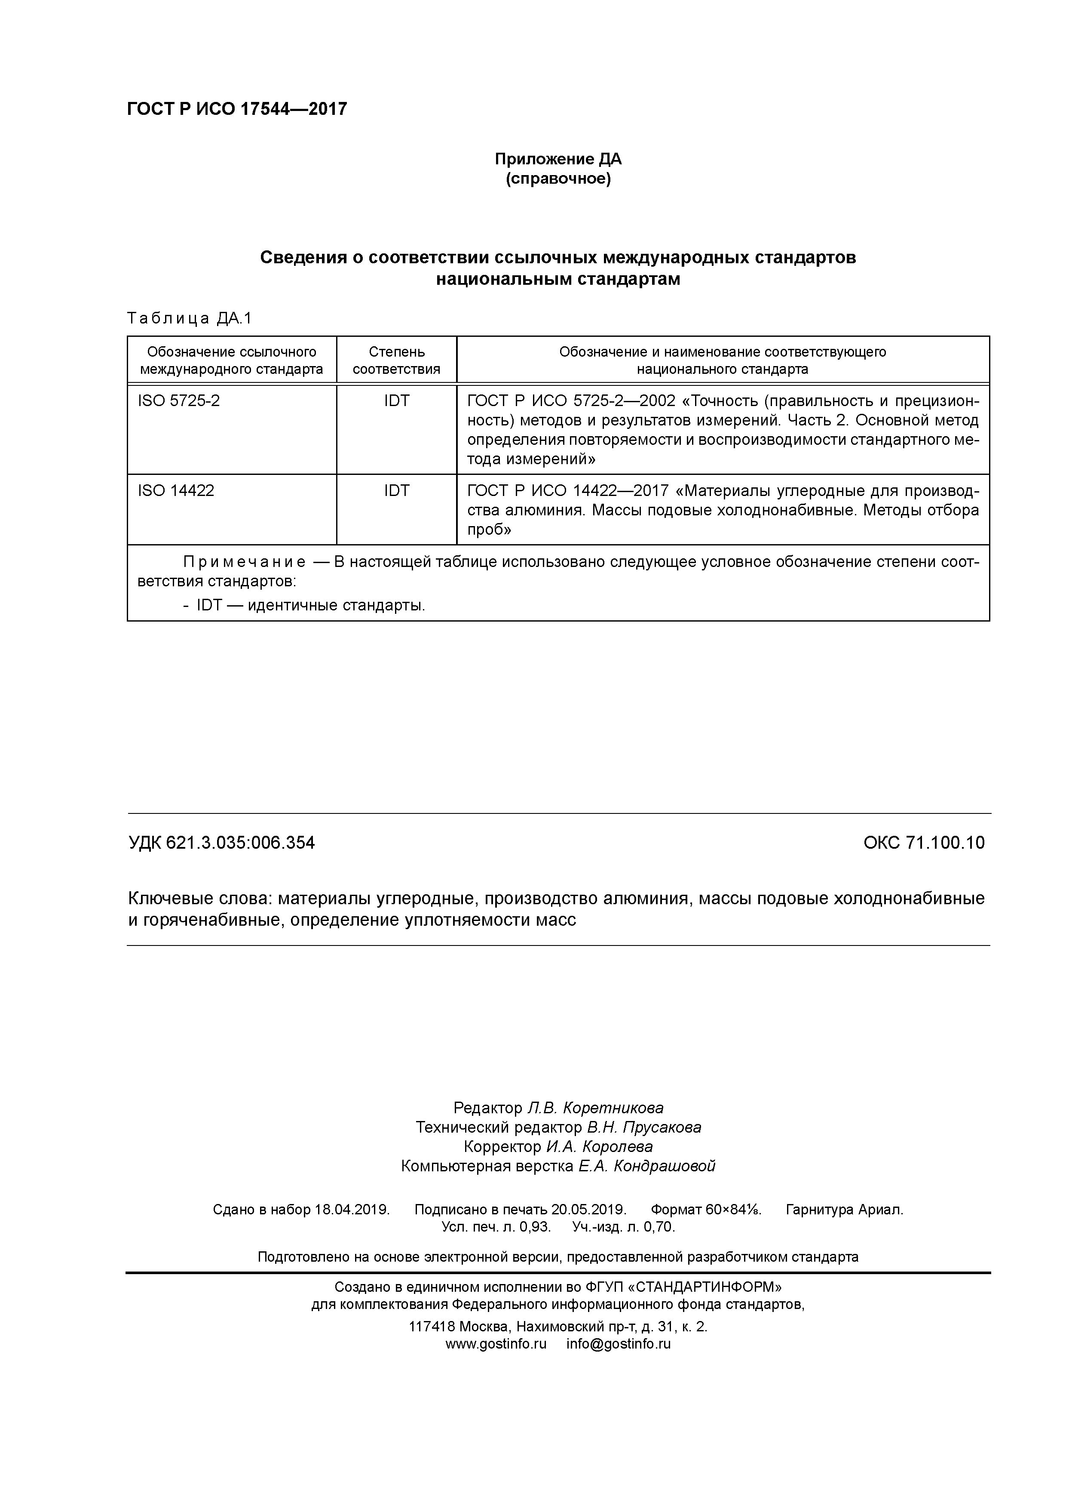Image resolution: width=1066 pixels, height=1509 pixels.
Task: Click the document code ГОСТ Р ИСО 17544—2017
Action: point(236,109)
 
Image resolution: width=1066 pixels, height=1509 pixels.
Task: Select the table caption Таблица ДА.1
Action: point(189,319)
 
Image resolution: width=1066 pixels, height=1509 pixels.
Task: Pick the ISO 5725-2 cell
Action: point(179,400)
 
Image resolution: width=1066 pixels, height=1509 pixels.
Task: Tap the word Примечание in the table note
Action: point(244,562)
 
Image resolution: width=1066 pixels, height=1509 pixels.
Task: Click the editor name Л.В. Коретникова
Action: point(595,1108)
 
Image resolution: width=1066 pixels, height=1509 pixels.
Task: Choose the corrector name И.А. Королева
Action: point(599,1147)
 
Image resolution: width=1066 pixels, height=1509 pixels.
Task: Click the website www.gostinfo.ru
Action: point(496,1344)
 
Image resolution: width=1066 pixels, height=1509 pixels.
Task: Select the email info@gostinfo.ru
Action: point(618,1344)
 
